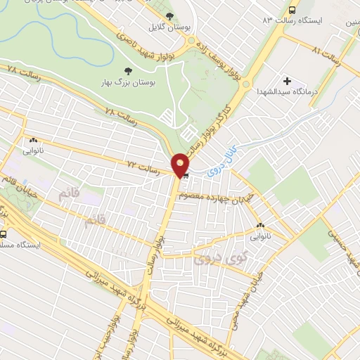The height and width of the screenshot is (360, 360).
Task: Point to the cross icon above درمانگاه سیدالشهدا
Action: tap(286, 82)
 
